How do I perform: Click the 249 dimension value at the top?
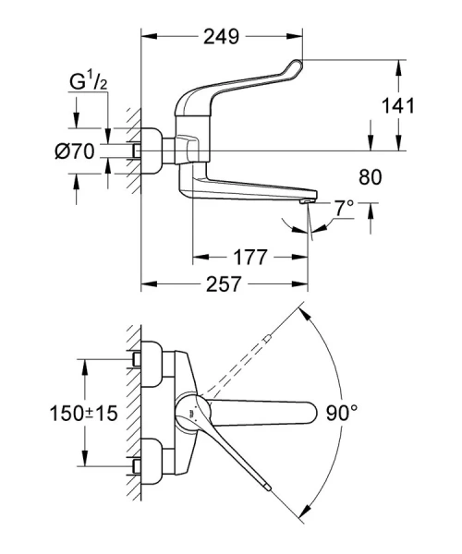[222, 37]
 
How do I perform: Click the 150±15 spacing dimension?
[84, 415]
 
